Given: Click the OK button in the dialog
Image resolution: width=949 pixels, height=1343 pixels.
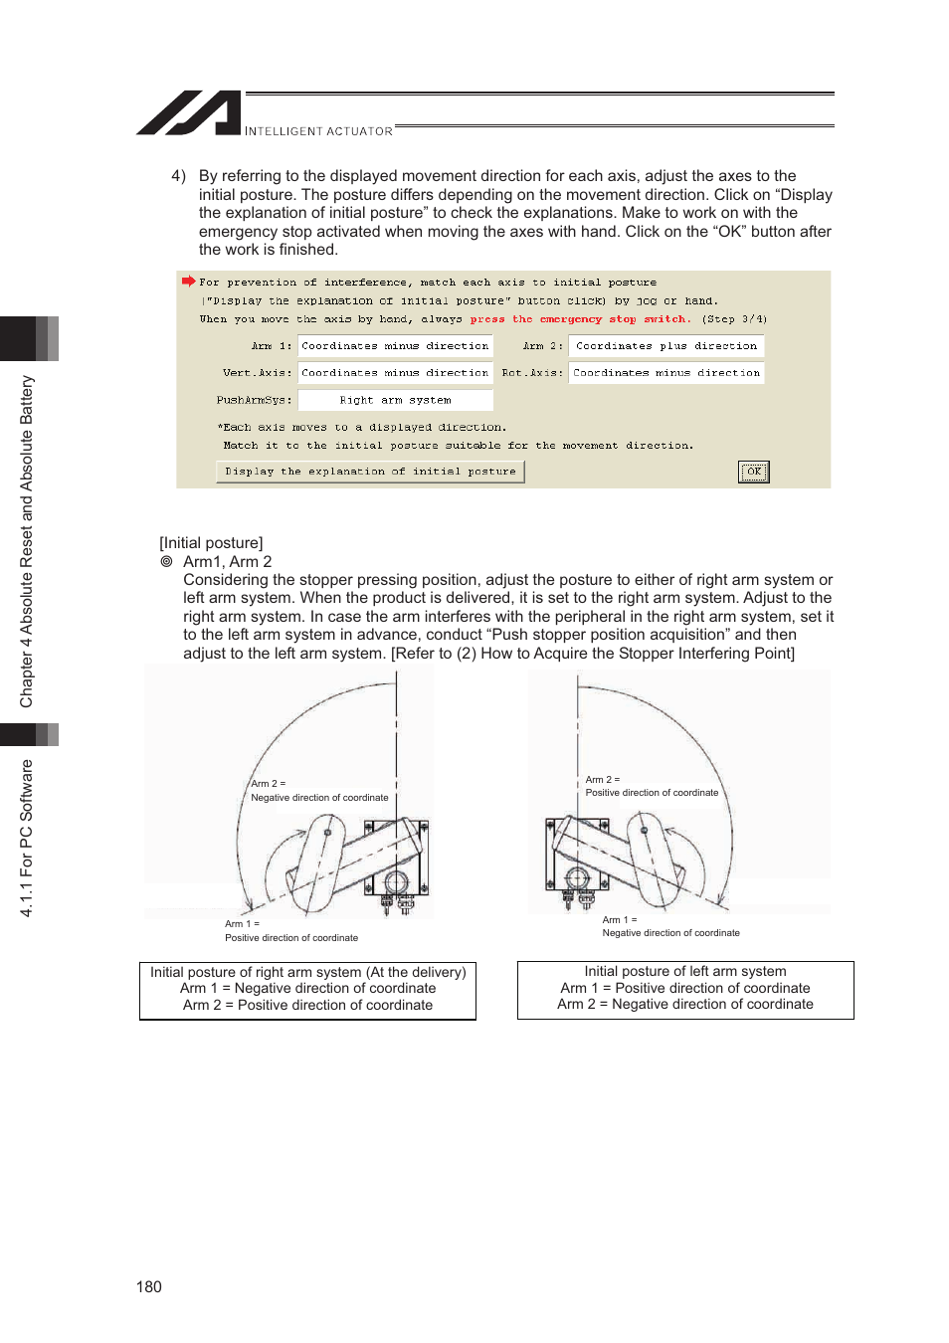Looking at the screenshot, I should tap(753, 472).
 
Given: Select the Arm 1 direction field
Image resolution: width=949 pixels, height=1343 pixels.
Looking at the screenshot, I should tap(395, 346).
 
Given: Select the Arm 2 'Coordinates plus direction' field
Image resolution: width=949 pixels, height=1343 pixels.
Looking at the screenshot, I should tap(666, 346).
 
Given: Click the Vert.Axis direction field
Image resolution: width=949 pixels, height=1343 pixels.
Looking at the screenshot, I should tap(395, 373).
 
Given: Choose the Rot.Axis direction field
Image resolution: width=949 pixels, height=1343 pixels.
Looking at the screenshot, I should tap(666, 373).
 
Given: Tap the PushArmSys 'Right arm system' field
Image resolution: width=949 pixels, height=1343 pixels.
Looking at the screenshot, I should tap(395, 400).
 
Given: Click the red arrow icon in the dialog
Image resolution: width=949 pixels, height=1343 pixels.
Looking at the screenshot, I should tap(188, 282).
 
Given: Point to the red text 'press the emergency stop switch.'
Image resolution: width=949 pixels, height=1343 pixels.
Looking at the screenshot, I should tap(580, 319).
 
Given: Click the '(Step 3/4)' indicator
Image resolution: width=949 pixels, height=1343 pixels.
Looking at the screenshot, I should tap(734, 319).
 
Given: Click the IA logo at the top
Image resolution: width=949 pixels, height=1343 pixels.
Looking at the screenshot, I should tap(189, 113).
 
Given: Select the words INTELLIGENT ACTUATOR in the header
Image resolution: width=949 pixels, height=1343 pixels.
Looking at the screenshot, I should tap(318, 131).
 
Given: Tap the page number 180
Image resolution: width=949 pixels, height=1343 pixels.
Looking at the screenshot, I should tap(149, 1286).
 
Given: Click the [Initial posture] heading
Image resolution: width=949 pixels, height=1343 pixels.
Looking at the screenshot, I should tap(211, 542).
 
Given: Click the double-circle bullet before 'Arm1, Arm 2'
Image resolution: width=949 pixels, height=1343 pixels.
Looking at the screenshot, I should tap(167, 561).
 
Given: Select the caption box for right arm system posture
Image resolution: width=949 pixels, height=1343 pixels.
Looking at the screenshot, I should tap(307, 989).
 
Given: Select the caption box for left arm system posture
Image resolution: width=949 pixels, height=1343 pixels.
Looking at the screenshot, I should tap(684, 989).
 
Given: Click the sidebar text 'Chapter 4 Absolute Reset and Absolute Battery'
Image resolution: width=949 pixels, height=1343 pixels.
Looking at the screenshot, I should tap(27, 541).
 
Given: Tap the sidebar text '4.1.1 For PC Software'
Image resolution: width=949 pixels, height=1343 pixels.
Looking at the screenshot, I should tap(27, 838).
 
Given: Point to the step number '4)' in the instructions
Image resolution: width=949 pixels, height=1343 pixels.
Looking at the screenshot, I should tap(178, 176).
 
